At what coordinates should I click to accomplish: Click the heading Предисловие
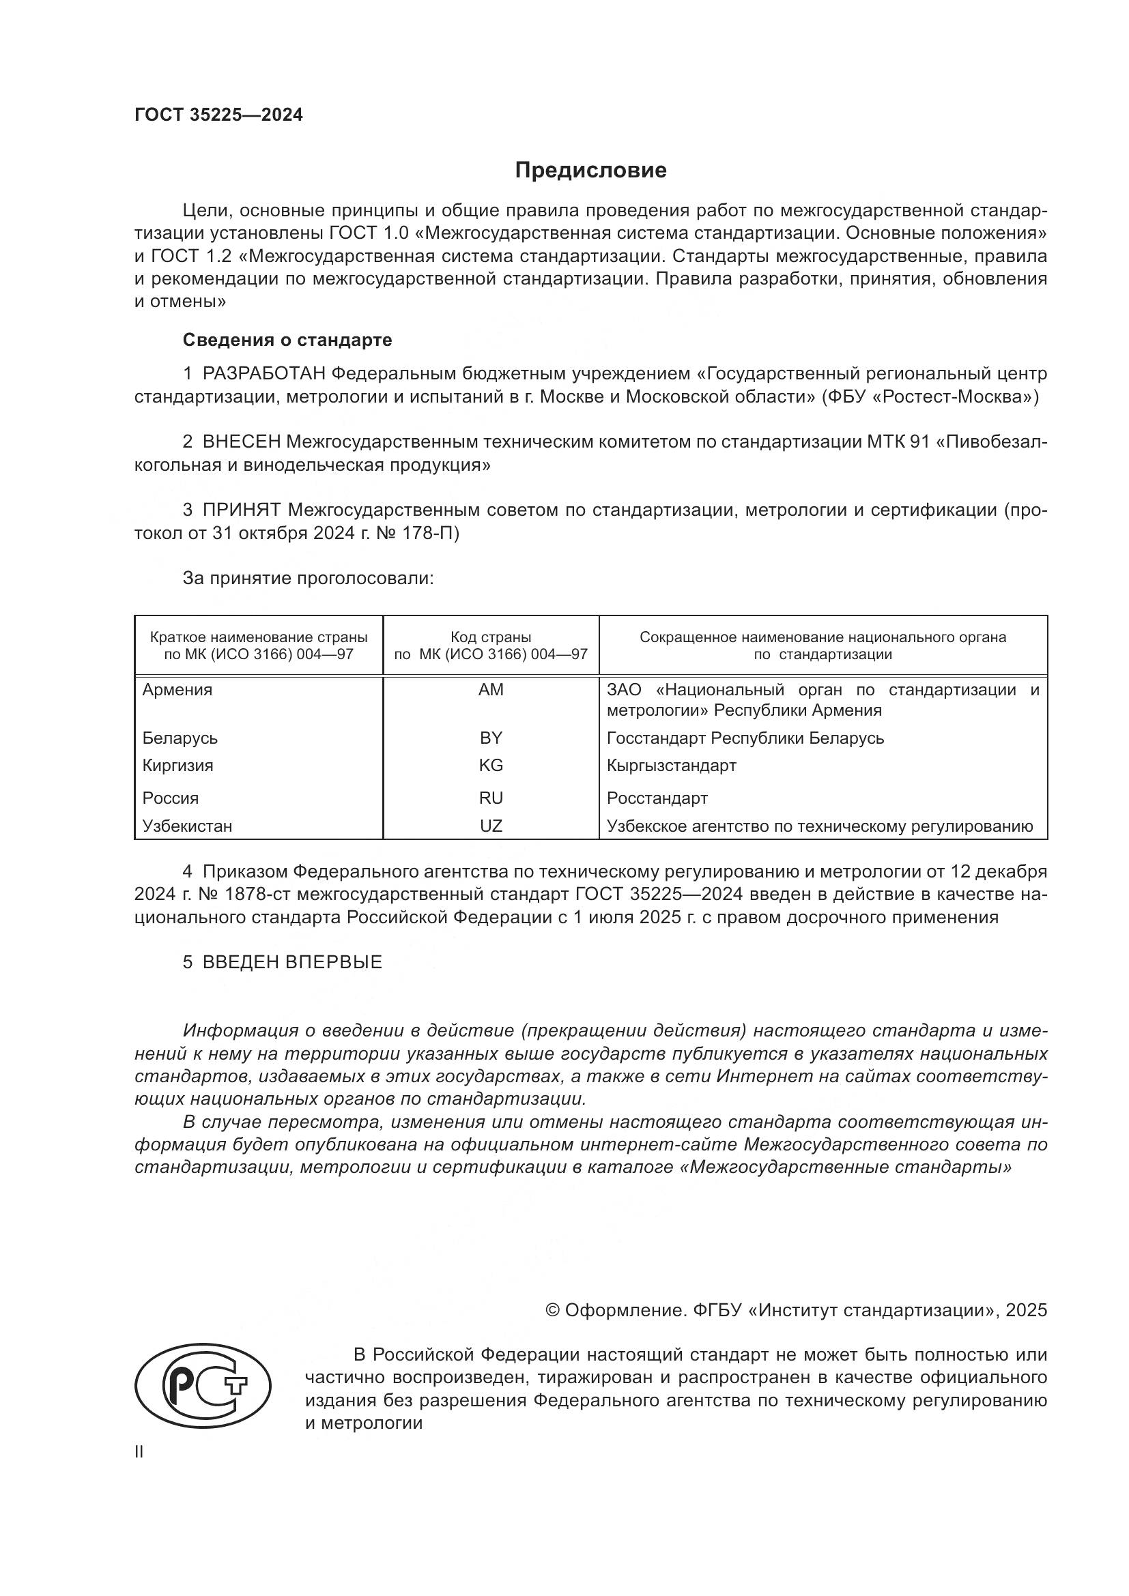[x=590, y=171]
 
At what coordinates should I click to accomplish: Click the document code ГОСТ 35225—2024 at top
[x=218, y=115]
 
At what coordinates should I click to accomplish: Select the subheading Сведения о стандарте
[x=287, y=340]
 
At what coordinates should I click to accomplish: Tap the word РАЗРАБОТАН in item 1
[x=263, y=374]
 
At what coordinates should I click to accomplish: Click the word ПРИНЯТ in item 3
[x=241, y=510]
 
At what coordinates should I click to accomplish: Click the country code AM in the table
[x=491, y=690]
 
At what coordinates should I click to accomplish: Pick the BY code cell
[x=491, y=738]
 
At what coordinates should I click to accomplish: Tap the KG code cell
[x=491, y=766]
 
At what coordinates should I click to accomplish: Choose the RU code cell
[x=491, y=798]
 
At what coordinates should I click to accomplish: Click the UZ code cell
[x=491, y=826]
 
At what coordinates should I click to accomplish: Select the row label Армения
[x=177, y=690]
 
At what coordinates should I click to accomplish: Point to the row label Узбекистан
[x=187, y=826]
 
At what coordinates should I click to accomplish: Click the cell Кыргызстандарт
[x=671, y=766]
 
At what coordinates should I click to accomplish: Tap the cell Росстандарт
[x=657, y=798]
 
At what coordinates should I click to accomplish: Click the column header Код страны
[x=491, y=637]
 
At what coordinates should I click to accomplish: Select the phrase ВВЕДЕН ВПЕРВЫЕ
[x=292, y=962]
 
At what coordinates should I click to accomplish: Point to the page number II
[x=139, y=1452]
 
